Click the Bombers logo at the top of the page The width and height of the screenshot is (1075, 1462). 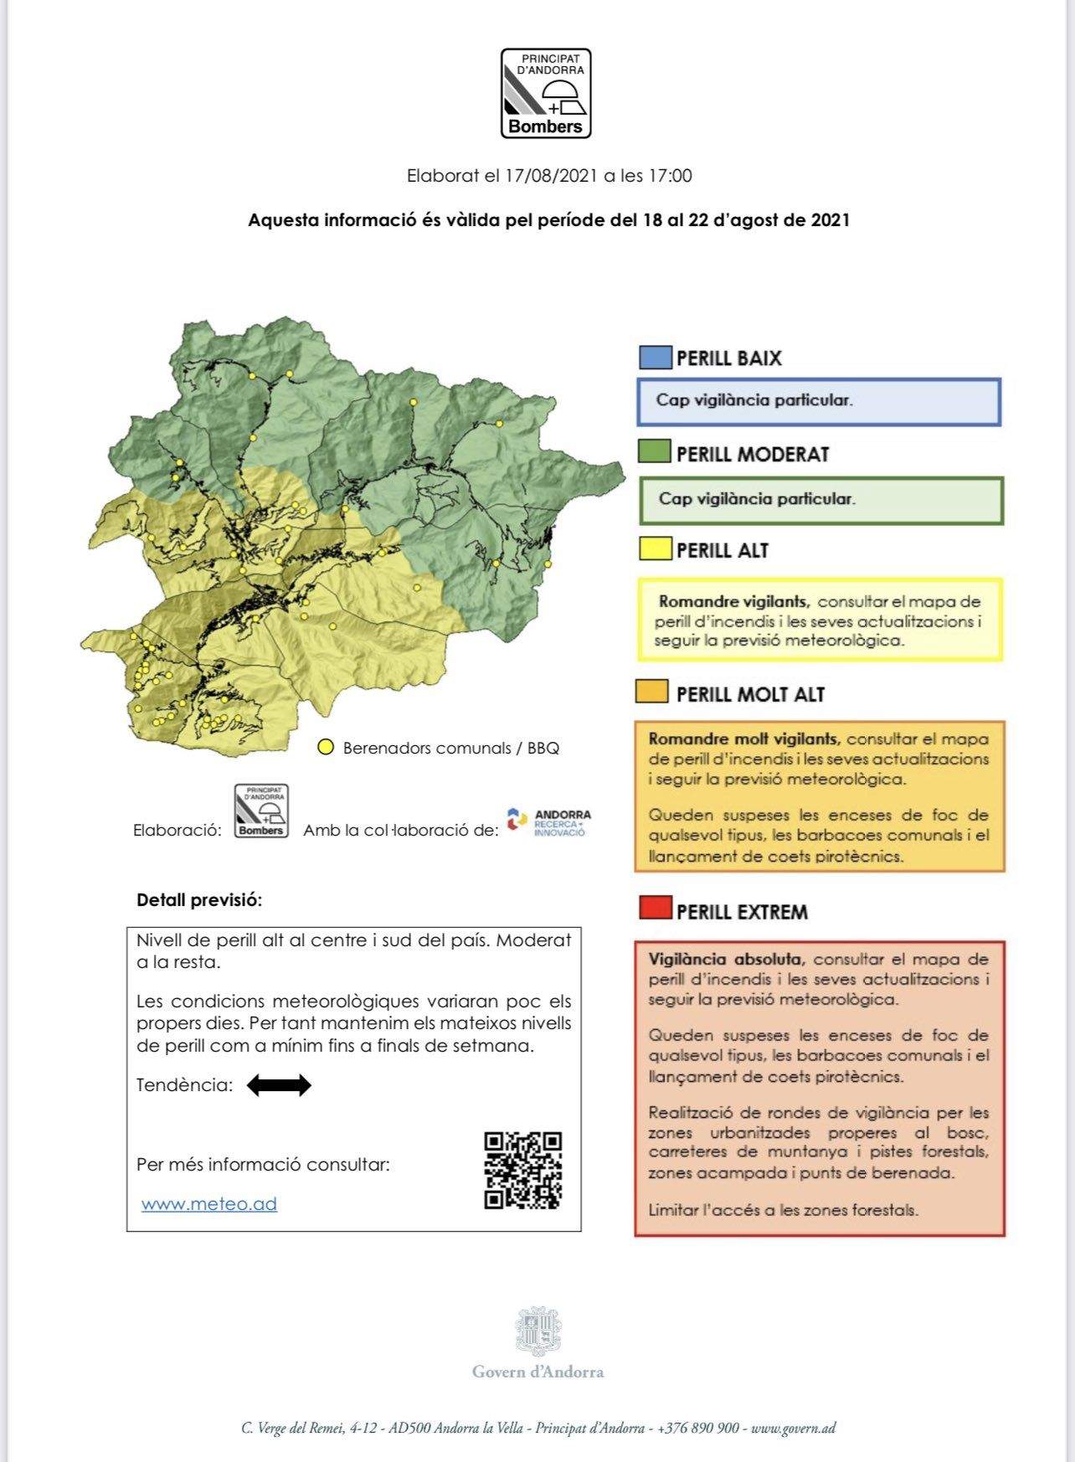coord(546,93)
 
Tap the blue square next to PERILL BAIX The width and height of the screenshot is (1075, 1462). coord(655,358)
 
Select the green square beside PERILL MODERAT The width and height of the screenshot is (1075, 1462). coord(655,453)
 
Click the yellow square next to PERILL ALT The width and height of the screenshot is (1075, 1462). coord(655,549)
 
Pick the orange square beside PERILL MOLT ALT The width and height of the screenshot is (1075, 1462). coord(652,692)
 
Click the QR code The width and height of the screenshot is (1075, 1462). coord(522,1170)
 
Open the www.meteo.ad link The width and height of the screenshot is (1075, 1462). coord(209,1204)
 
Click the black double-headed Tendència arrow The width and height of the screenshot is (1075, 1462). coord(279,1085)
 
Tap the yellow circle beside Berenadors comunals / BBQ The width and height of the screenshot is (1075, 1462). coord(326,747)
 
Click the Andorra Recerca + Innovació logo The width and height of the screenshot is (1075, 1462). coord(548,822)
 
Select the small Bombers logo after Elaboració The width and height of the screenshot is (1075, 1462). coord(261,811)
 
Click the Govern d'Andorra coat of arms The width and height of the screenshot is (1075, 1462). coord(537,1331)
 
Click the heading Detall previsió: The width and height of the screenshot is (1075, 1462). coord(199,901)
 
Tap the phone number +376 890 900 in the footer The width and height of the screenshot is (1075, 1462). coord(698,1429)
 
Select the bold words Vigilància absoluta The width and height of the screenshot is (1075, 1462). coord(726,960)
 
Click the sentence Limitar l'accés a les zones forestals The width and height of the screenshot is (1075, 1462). coord(783,1210)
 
